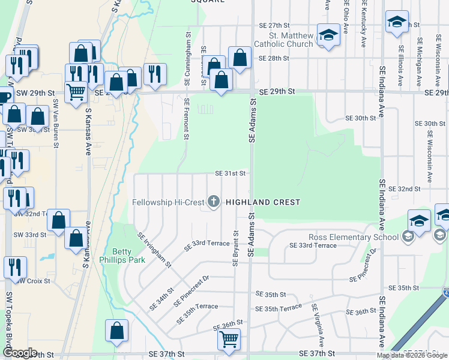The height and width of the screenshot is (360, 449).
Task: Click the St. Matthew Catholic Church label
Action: (283, 40)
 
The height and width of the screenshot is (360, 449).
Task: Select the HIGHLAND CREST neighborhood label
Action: (263, 203)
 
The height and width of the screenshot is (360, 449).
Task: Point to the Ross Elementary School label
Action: (354, 237)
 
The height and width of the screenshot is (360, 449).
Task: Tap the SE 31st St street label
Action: (231, 173)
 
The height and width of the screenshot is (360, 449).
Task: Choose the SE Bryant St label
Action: (235, 248)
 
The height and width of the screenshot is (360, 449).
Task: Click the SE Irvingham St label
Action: (155, 250)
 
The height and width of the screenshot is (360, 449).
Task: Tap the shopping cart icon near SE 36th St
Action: (229, 340)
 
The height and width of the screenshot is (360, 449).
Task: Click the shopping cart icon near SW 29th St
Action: (76, 92)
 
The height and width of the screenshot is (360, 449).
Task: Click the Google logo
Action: (20, 353)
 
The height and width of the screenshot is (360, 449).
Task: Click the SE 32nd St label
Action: (404, 189)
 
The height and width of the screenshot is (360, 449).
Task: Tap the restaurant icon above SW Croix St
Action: (15, 267)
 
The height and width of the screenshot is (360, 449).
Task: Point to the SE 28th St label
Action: (274, 59)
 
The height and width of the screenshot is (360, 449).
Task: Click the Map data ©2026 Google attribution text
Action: (411, 355)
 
